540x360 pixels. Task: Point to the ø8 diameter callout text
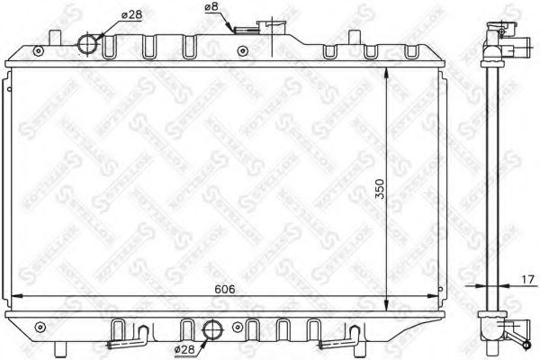[213, 8]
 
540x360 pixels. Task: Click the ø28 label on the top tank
[107, 13]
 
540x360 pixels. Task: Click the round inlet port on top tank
[89, 43]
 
